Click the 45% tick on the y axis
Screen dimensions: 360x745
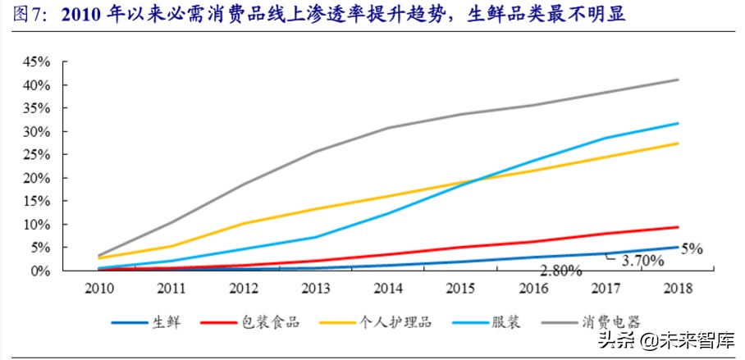tap(37, 62)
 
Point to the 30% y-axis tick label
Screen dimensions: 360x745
tap(37, 131)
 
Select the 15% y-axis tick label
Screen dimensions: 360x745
tap(37, 201)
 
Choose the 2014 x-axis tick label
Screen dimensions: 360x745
tap(388, 288)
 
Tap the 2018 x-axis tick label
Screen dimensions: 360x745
tap(677, 288)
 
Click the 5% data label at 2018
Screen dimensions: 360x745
tap(691, 248)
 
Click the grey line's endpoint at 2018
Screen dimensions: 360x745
tap(678, 80)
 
